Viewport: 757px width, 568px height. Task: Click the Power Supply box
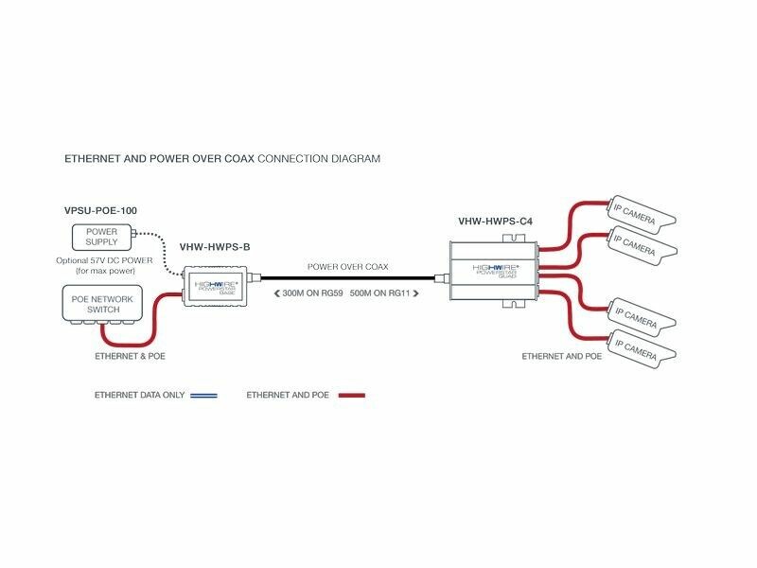point(101,237)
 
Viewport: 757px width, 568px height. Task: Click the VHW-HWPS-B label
point(216,248)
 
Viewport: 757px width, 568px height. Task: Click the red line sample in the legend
point(346,395)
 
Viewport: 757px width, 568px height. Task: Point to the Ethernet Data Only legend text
point(139,395)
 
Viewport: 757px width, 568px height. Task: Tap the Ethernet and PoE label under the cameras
point(562,357)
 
